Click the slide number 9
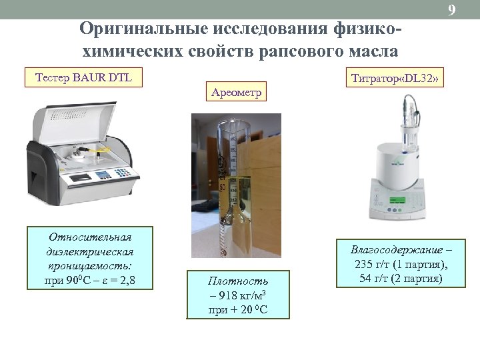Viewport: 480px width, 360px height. [x=452, y=10]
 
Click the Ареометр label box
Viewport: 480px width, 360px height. [x=236, y=91]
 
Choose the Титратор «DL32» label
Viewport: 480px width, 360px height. [x=394, y=79]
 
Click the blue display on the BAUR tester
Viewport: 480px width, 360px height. [x=103, y=175]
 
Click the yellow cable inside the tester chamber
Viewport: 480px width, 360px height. [x=100, y=152]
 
